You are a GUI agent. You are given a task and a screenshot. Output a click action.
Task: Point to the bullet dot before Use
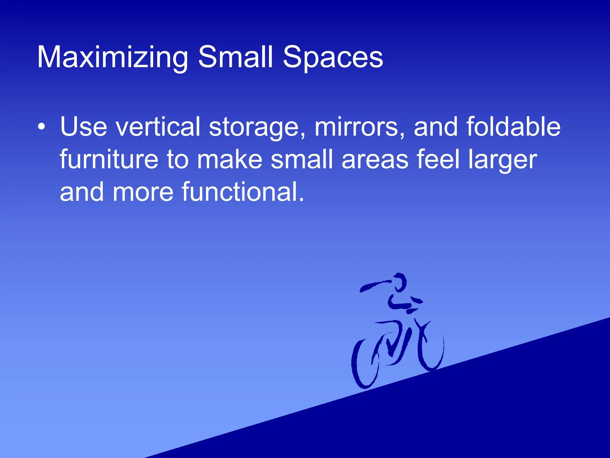pyautogui.click(x=42, y=126)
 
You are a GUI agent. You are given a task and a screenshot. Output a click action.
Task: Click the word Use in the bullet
pyautogui.click(x=83, y=127)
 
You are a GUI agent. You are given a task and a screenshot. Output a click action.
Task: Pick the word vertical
pyautogui.click(x=158, y=127)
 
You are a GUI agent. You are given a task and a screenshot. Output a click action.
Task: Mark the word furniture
pyautogui.click(x=109, y=160)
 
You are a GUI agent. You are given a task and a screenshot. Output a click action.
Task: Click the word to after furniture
pyautogui.click(x=178, y=160)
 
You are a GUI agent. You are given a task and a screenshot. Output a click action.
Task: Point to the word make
pyautogui.click(x=230, y=160)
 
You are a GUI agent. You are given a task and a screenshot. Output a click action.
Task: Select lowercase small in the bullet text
pyautogui.click(x=301, y=160)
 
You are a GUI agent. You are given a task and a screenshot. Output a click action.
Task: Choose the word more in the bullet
pyautogui.click(x=143, y=192)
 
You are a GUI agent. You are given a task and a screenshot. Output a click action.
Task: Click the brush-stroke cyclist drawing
pyautogui.click(x=398, y=331)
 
